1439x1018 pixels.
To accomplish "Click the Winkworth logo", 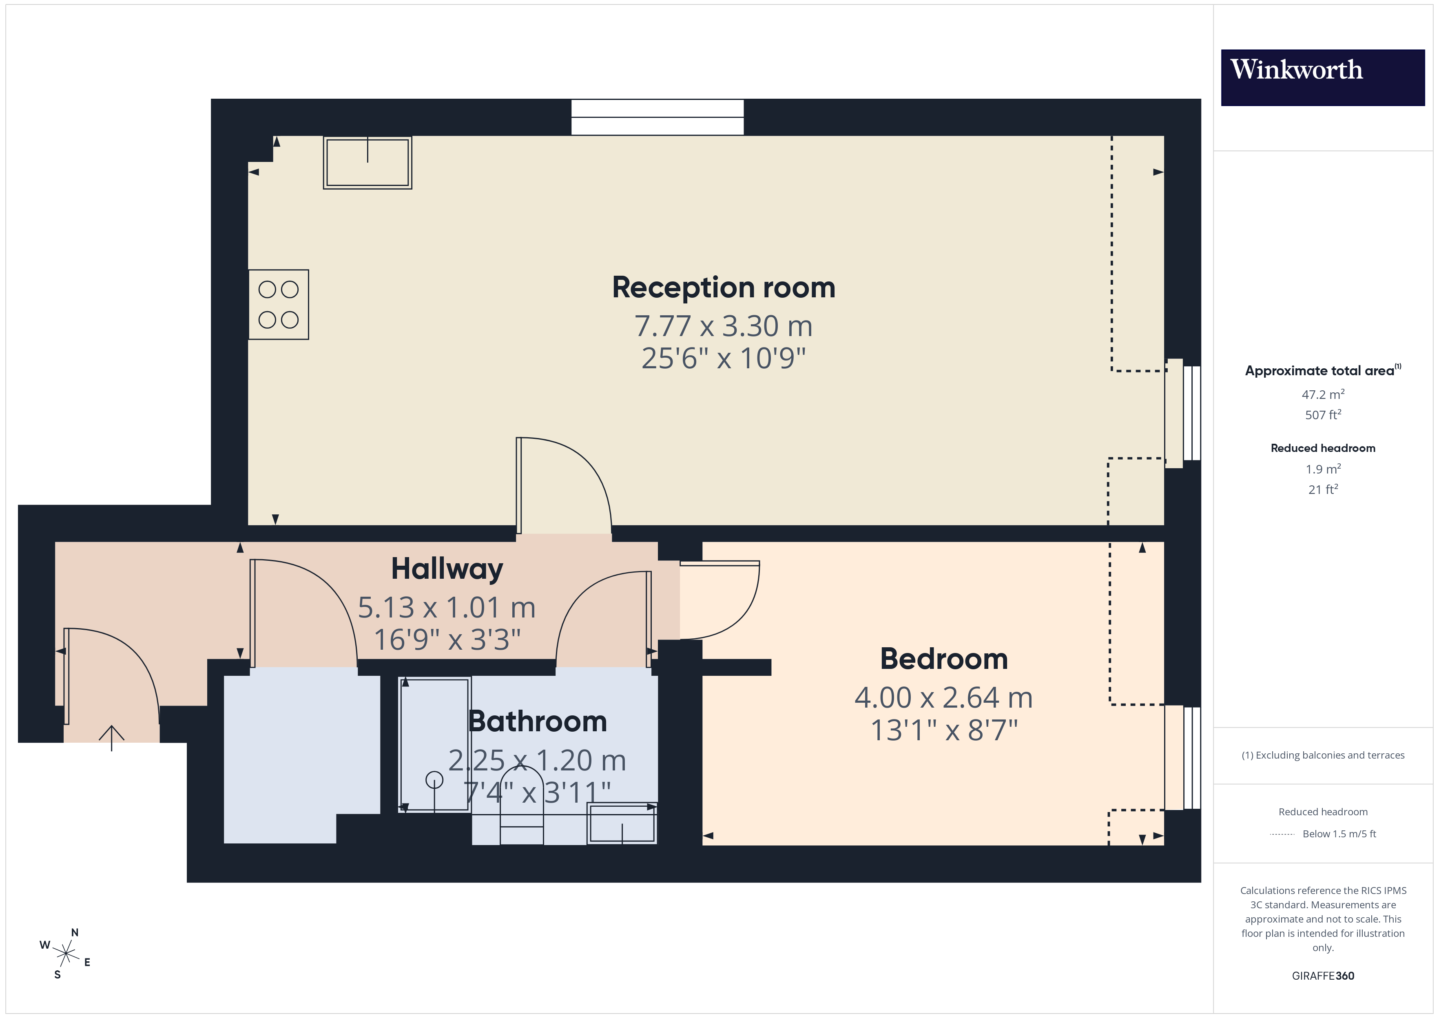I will (x=1322, y=77).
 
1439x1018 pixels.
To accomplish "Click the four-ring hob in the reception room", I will (x=278, y=305).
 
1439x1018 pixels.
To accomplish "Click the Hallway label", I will (x=447, y=569).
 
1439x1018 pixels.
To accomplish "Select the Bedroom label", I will (x=943, y=659).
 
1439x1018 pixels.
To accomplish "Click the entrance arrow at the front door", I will (x=112, y=737).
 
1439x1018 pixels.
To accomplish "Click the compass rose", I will (x=65, y=954).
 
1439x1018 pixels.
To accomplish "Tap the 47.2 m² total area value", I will (x=1322, y=394).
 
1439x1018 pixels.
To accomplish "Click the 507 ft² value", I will (x=1322, y=415).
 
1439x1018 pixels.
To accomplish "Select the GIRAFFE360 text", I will (x=1322, y=975).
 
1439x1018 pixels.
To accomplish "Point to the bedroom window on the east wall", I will (x=1183, y=757).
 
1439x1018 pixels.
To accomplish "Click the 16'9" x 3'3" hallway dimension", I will (x=447, y=640).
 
